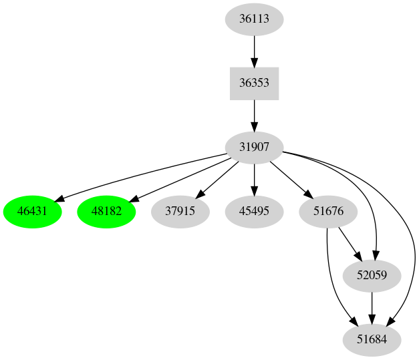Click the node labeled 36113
[x=254, y=19]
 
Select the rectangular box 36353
[x=254, y=83]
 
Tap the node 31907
[x=254, y=148]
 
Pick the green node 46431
[x=33, y=212]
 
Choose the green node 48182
[x=107, y=212]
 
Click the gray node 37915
[x=180, y=212]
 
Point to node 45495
[x=254, y=212]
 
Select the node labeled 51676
[x=328, y=212]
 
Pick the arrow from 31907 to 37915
[x=219, y=178]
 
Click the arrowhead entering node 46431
[x=59, y=199]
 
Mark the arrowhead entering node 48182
[x=132, y=198]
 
